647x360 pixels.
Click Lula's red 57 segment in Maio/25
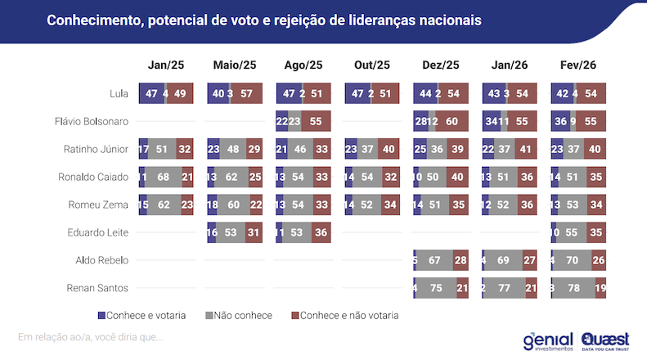(x=246, y=94)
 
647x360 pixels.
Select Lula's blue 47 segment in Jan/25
(x=151, y=94)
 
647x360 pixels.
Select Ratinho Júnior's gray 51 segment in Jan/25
(x=162, y=150)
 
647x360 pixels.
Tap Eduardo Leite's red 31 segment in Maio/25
(x=253, y=233)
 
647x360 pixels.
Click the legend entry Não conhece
(x=241, y=315)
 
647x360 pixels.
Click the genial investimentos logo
(x=549, y=341)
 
